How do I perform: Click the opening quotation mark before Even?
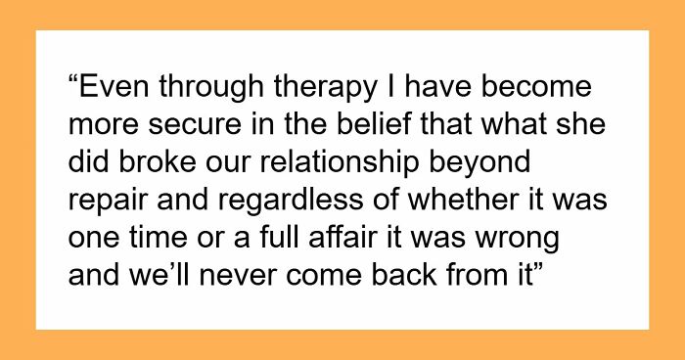click(x=75, y=83)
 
